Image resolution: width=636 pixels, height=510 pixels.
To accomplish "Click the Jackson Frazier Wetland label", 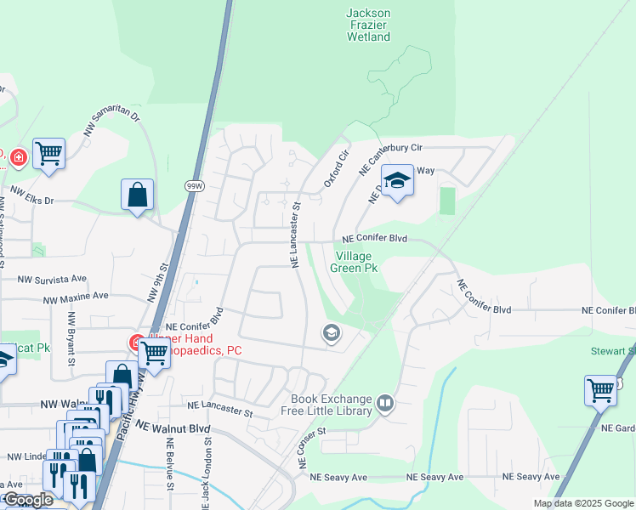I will [368, 25].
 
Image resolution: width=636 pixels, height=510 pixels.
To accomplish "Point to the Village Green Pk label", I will [356, 262].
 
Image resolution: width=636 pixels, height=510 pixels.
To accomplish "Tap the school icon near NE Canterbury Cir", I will [396, 180].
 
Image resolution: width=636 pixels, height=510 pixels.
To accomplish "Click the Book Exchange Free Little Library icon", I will [385, 404].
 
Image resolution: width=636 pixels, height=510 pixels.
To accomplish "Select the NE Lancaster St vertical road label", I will [296, 235].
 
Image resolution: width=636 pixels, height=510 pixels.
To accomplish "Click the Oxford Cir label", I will [337, 170].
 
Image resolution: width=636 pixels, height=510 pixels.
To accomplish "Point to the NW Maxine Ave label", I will [77, 297].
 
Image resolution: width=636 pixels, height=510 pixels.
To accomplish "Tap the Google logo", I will [29, 500].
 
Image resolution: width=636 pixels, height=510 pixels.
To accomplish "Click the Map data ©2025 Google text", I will [582, 503].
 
